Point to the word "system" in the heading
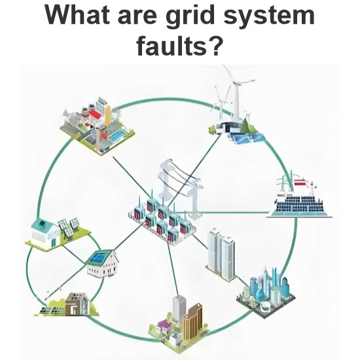[269, 16]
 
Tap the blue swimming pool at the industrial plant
[117, 136]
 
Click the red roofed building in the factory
[95, 115]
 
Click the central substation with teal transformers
[162, 221]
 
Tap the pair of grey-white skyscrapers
[221, 254]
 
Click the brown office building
[193, 319]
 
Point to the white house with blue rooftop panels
[103, 264]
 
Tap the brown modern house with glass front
[77, 304]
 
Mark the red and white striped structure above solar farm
[300, 183]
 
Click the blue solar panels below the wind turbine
[248, 138]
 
